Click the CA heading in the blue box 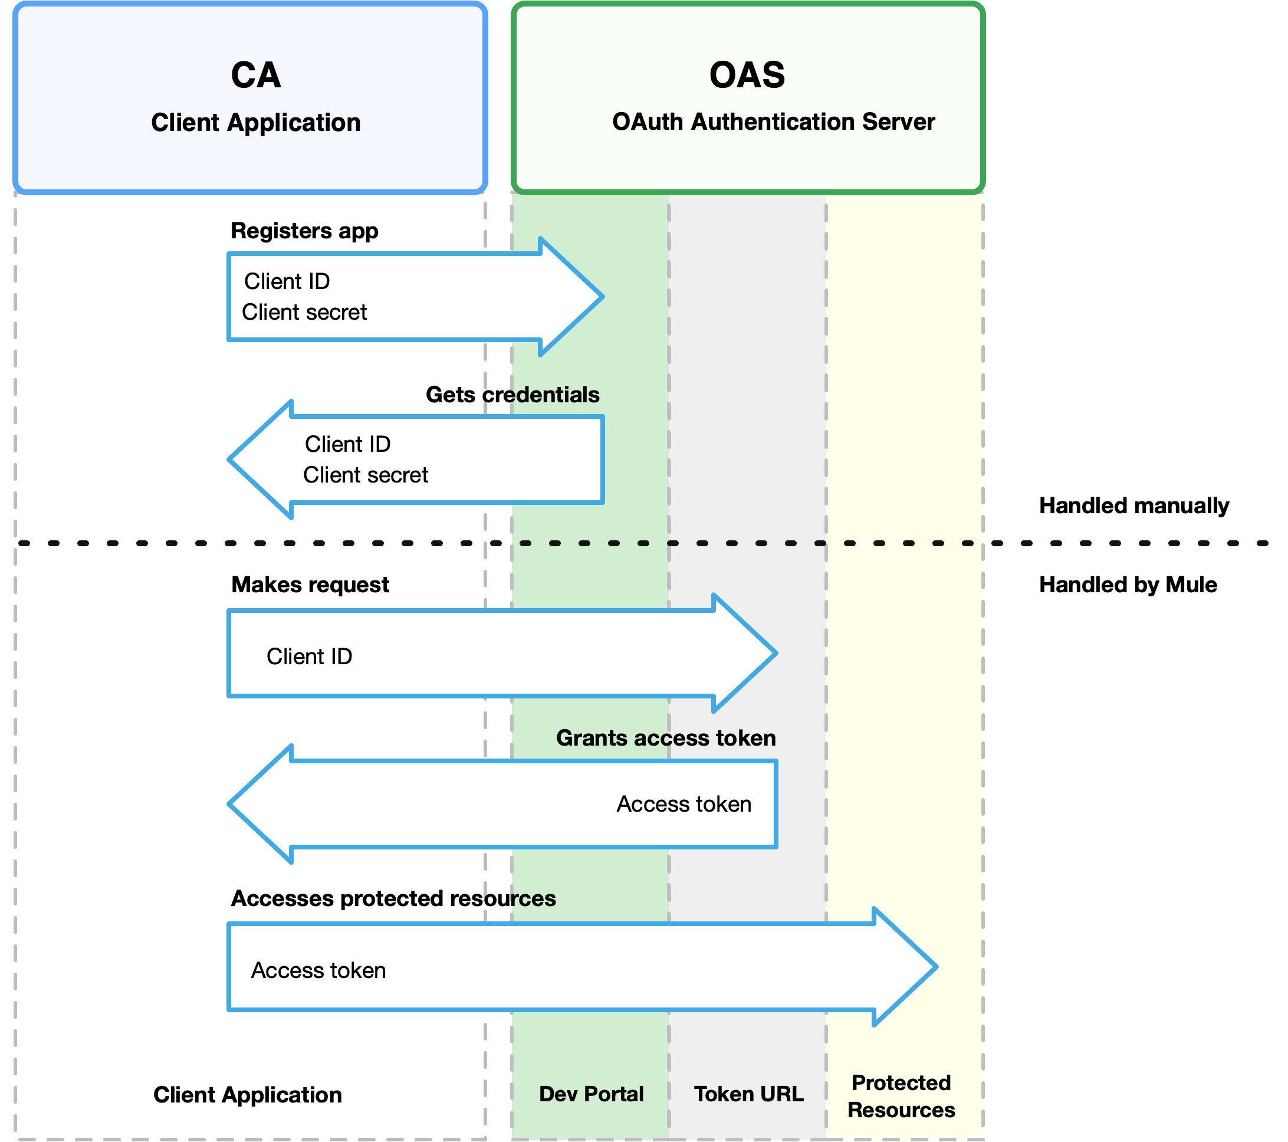click(x=255, y=76)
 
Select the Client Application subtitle click(x=255, y=122)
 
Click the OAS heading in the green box click(x=747, y=76)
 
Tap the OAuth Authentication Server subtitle click(x=773, y=122)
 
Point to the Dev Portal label click(x=591, y=1094)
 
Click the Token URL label click(x=748, y=1094)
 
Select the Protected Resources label click(x=901, y=1096)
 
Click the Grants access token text click(x=665, y=737)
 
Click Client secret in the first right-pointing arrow click(x=304, y=312)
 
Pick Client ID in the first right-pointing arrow click(x=287, y=281)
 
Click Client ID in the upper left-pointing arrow click(x=347, y=444)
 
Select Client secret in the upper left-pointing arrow click(x=366, y=475)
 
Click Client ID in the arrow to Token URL click(x=309, y=656)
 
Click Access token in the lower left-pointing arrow click(x=684, y=803)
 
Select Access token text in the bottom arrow click(x=318, y=970)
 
